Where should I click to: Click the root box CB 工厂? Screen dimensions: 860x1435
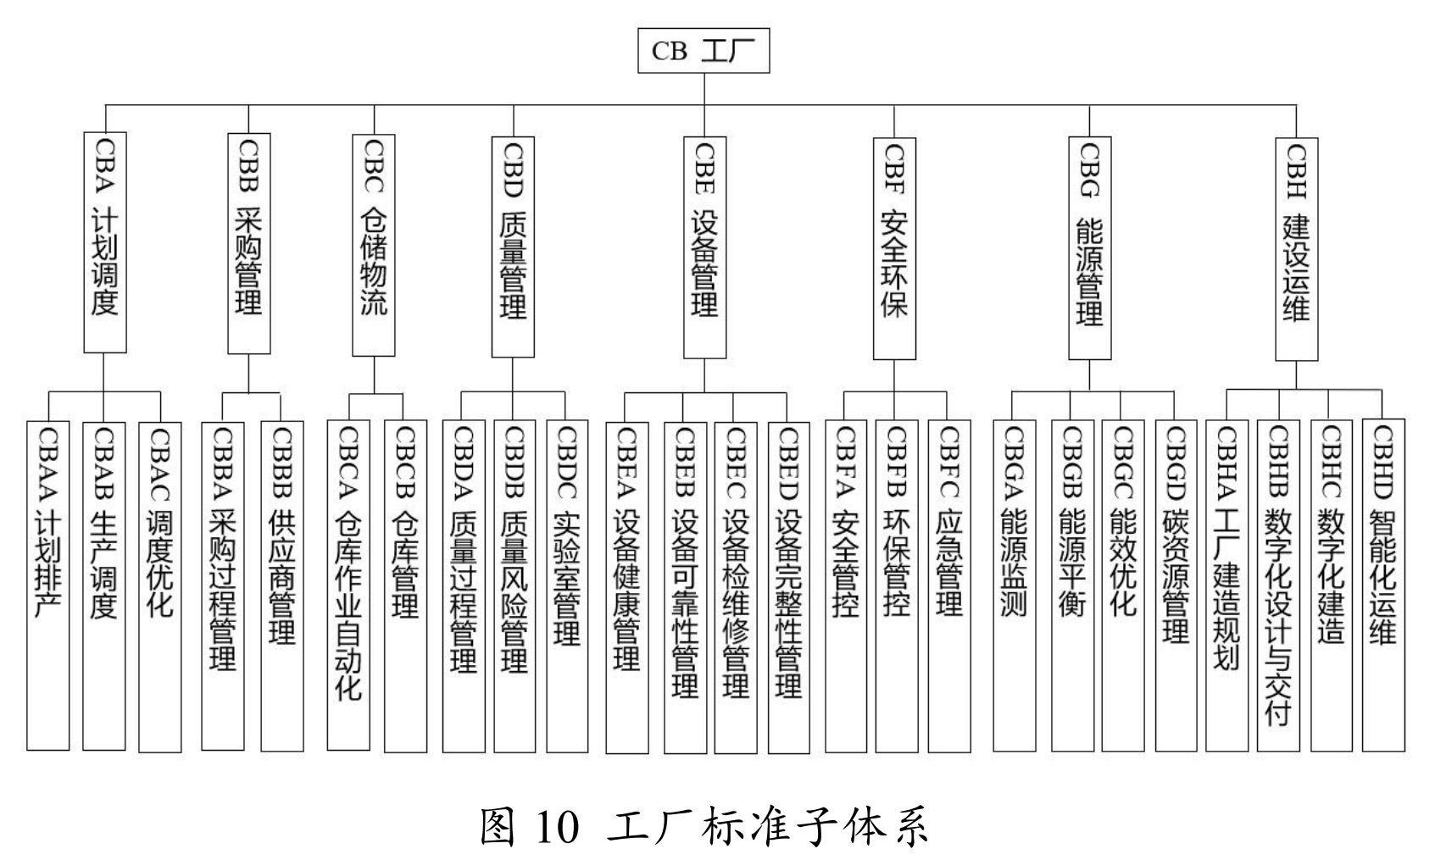[x=704, y=52]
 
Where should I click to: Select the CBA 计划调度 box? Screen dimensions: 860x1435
[x=105, y=242]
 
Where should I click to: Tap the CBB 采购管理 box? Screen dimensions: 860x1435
[x=249, y=242]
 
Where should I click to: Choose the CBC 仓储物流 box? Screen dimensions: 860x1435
[x=374, y=244]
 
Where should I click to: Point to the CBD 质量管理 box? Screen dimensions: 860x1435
[x=513, y=247]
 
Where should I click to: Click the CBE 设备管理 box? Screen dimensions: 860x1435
[x=704, y=247]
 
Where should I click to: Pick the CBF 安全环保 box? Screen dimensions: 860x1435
[x=895, y=247]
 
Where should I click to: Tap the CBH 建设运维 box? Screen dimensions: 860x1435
[x=1297, y=248]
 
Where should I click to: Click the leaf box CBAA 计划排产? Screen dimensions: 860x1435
[x=47, y=586]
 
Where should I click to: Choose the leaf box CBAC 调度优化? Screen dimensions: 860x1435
[x=159, y=586]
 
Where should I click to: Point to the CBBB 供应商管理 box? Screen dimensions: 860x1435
[x=282, y=586]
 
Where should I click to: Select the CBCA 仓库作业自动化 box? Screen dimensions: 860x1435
[x=348, y=586]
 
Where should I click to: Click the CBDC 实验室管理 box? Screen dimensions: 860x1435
[x=567, y=586]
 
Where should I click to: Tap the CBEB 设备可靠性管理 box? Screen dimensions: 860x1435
[x=685, y=586]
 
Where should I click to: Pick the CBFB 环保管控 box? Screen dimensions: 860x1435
[x=897, y=586]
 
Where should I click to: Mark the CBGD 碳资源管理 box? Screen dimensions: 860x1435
[x=1176, y=586]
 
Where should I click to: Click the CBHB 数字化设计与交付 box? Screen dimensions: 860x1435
[x=1278, y=586]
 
